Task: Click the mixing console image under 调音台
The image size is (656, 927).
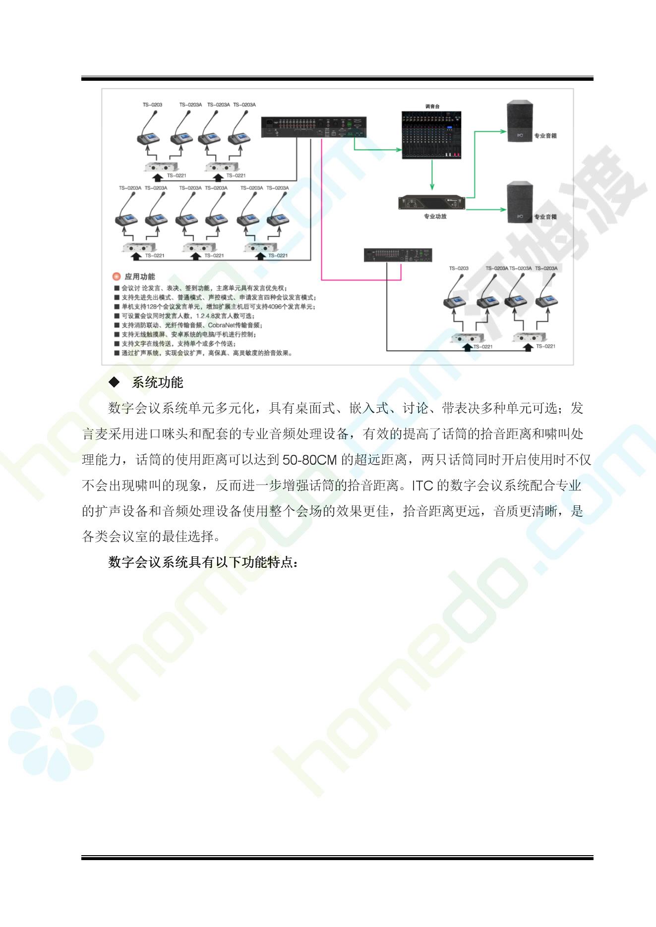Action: (431, 135)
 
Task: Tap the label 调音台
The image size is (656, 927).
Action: (432, 106)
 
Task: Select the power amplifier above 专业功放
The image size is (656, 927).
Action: (432, 203)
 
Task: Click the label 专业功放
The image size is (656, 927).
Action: (435, 216)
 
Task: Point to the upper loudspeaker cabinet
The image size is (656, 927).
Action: (520, 121)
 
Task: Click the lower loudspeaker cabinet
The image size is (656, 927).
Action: (520, 203)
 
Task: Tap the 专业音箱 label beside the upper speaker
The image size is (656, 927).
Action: (545, 135)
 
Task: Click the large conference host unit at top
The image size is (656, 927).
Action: (314, 127)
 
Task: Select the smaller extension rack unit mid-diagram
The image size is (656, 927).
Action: (398, 255)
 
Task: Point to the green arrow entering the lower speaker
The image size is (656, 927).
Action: (486, 209)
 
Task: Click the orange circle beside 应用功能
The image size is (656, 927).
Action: (117, 276)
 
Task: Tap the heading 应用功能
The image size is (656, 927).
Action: (140, 276)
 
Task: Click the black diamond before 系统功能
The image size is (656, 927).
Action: (114, 382)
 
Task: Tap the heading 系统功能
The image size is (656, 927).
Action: (157, 382)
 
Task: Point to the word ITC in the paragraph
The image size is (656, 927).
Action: (422, 486)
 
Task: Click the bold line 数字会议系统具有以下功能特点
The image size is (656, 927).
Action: (203, 562)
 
